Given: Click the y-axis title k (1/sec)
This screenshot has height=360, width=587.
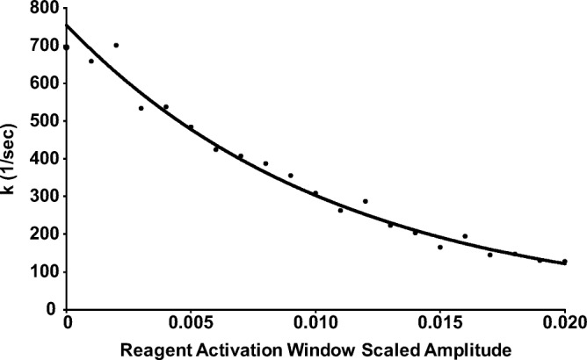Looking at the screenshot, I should point(11,159).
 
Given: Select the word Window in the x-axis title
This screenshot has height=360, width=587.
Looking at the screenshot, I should point(310,349).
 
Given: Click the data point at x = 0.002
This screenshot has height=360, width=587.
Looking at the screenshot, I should point(116,46).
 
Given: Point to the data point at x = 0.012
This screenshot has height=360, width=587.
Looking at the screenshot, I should point(366,201).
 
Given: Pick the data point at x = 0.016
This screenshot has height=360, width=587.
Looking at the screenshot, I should point(465,236).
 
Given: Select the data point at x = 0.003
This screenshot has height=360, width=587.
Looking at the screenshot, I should point(141,108).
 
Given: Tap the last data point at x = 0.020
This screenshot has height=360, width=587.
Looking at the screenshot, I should point(565,262).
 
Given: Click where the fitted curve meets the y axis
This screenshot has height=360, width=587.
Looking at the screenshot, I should point(66,25).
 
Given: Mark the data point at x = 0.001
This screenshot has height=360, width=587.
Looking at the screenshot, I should point(91,61).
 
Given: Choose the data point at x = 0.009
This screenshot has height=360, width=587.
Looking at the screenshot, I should point(291,176).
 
